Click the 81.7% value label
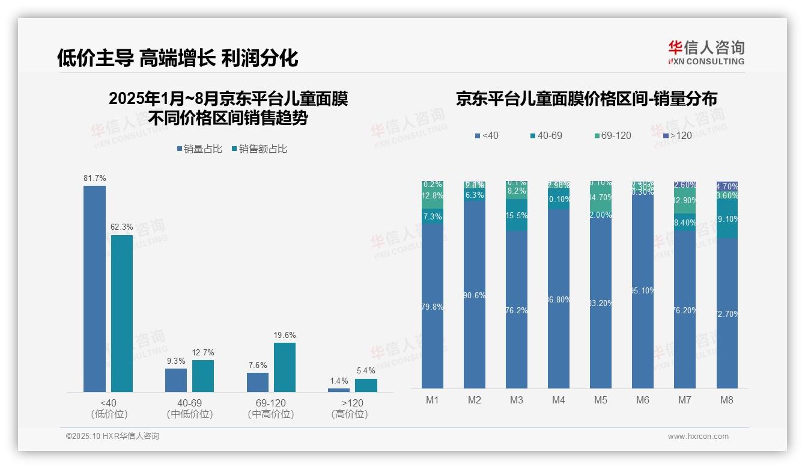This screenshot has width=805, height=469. pyautogui.click(x=95, y=178)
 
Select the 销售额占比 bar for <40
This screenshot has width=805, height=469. pyautogui.click(x=122, y=313)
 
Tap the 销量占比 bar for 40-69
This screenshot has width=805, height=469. pyautogui.click(x=176, y=380)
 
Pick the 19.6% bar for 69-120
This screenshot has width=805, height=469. pyautogui.click(x=285, y=367)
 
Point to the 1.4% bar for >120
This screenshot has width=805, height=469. pyautogui.click(x=339, y=390)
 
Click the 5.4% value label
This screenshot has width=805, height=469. pyautogui.click(x=366, y=370)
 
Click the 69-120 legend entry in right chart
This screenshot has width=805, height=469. pyautogui.click(x=613, y=136)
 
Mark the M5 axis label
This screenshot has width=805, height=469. pyautogui.click(x=601, y=400)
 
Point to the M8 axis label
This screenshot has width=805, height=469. pyautogui.click(x=727, y=400)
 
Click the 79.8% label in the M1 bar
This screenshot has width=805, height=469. pyautogui.click(x=433, y=307)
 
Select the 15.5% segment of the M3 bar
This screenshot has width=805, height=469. pyautogui.click(x=517, y=215)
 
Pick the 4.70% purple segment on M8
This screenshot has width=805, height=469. pyautogui.click(x=727, y=186)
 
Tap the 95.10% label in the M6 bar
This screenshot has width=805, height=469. pyautogui.click(x=643, y=291)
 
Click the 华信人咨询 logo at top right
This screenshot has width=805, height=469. pyautogui.click(x=706, y=52)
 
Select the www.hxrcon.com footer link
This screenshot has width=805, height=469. pyautogui.click(x=698, y=437)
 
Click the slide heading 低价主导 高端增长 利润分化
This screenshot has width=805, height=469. pyautogui.click(x=177, y=58)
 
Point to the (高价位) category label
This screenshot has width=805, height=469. pyautogui.click(x=349, y=414)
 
